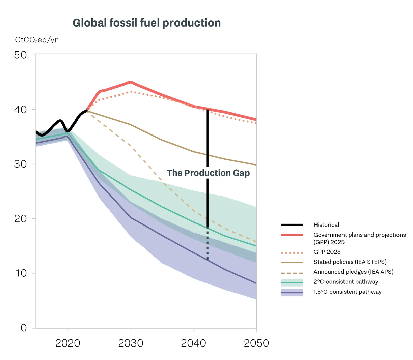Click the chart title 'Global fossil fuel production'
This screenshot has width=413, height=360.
(146, 23)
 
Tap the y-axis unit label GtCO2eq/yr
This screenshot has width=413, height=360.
(36, 40)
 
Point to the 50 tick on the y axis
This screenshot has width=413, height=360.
(20, 55)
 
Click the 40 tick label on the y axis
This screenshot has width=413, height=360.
(20, 110)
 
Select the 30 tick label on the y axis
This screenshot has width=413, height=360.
(20, 164)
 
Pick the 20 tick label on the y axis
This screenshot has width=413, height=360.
(20, 219)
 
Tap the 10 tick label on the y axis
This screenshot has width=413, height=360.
(20, 273)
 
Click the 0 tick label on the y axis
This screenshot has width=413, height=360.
(23, 328)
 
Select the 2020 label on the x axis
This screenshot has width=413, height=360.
(68, 343)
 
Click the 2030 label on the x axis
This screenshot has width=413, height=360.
(131, 343)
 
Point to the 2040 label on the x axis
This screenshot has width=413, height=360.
(193, 343)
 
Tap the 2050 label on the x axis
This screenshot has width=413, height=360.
(256, 343)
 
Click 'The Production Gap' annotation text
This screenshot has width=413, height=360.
(208, 173)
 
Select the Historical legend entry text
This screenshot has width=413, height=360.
(326, 225)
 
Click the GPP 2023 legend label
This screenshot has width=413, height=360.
(327, 252)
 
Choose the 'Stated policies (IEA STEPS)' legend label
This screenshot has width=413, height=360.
(350, 262)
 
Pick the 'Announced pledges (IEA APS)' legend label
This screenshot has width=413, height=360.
(353, 272)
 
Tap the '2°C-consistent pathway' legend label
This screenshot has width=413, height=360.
(346, 282)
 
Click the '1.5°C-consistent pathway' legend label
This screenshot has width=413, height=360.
(347, 292)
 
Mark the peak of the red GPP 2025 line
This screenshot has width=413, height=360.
(131, 82)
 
